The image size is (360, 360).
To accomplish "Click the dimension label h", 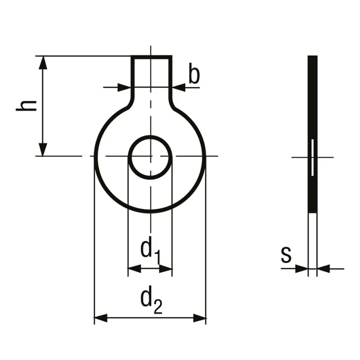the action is (x=27, y=106).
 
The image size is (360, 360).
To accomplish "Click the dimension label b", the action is (x=194, y=73).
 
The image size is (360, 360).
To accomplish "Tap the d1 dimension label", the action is (x=150, y=252).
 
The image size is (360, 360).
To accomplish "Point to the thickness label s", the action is (x=286, y=255).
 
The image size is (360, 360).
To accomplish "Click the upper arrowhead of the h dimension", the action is (x=43, y=63).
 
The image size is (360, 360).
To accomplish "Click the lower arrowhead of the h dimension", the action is (x=43, y=150).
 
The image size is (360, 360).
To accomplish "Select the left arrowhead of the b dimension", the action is (x=124, y=87).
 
